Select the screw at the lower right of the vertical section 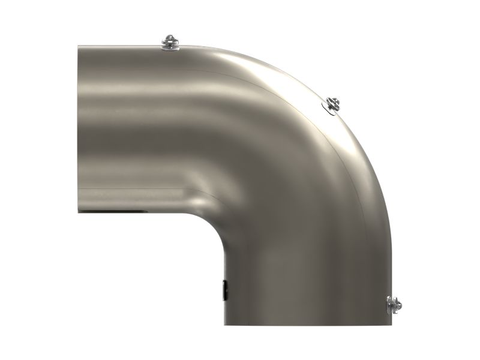point(394,304)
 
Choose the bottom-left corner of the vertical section point(226,325)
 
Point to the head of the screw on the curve point(334,101)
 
